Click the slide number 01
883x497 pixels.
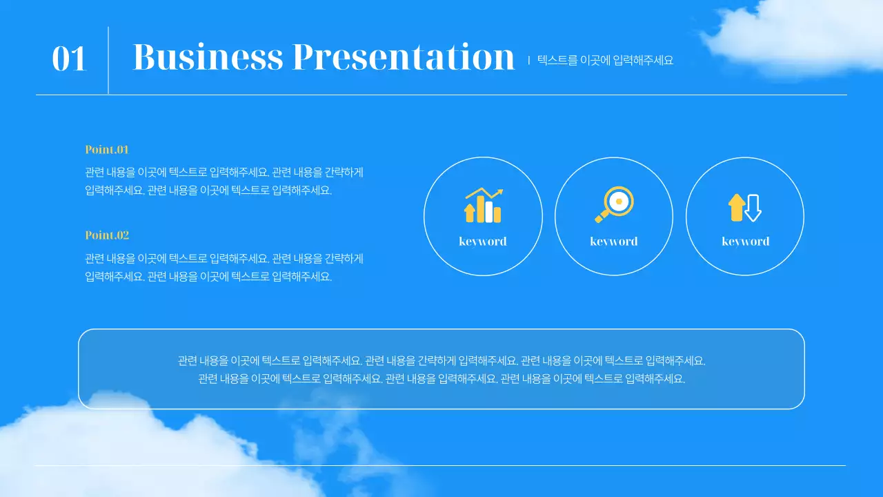click(69, 59)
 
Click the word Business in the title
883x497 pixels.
click(208, 57)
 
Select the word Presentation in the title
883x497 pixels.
click(404, 57)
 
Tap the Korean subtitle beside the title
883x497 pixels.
click(605, 61)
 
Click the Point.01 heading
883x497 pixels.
click(107, 150)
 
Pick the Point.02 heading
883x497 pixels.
click(107, 235)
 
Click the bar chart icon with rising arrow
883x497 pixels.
click(483, 205)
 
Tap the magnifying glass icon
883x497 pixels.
click(614, 204)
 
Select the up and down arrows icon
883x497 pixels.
click(745, 207)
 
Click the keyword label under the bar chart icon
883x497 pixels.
click(483, 242)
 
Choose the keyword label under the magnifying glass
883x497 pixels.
click(614, 242)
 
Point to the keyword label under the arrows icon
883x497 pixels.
click(745, 242)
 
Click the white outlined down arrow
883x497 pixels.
click(753, 208)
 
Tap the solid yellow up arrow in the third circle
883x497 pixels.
click(737, 207)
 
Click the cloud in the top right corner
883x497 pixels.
click(793, 38)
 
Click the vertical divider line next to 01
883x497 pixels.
click(108, 60)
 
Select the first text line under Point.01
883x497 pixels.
click(224, 173)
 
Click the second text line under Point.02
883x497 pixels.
click(208, 277)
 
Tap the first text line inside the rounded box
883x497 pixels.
click(441, 360)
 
